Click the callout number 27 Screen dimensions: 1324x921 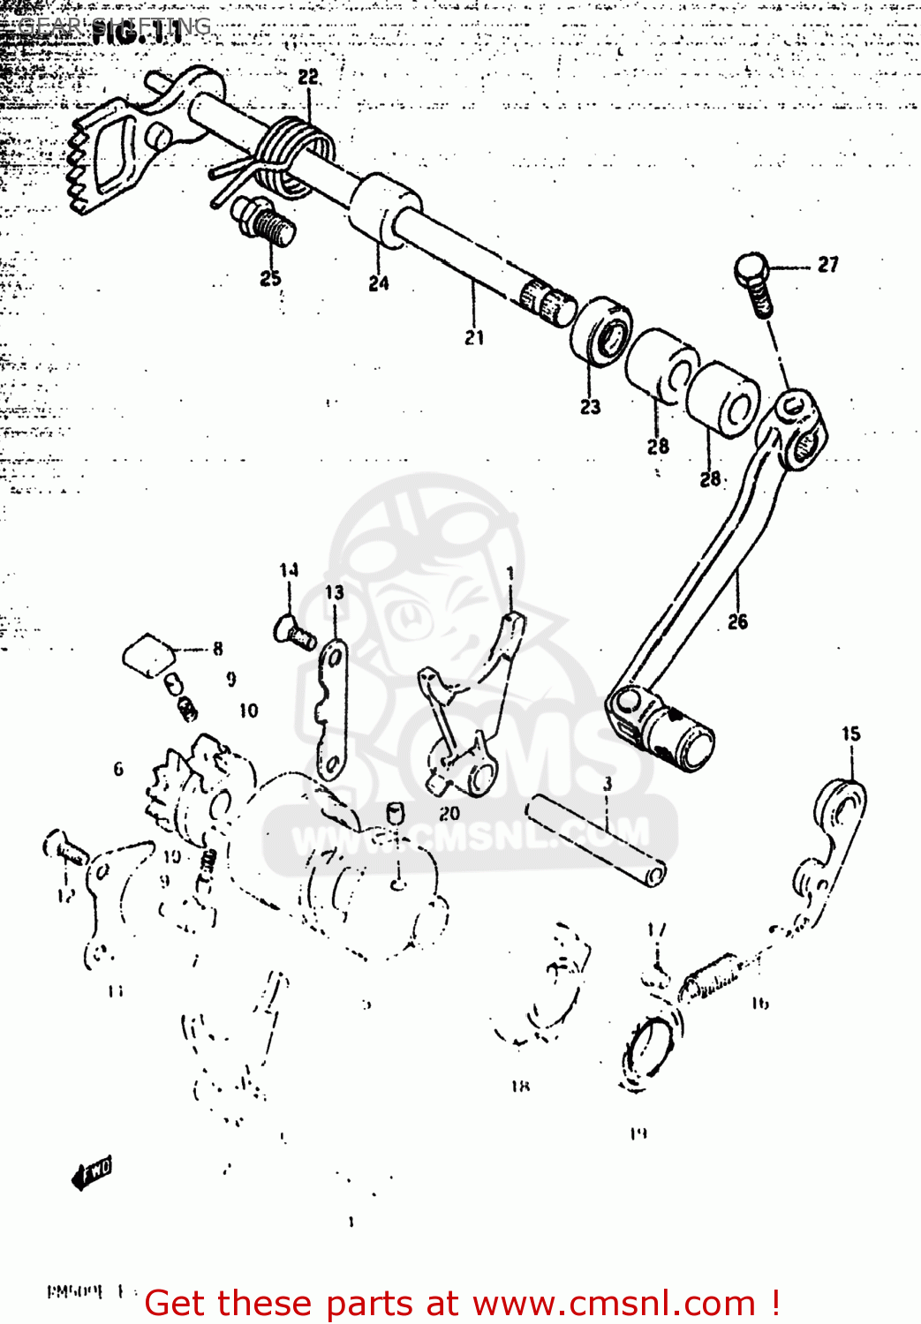827,264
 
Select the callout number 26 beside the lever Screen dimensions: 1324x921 737,621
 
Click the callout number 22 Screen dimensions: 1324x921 308,78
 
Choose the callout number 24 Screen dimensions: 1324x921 379,282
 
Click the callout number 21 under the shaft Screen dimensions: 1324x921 474,336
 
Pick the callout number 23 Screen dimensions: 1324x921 590,406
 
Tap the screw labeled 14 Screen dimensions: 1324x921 293,632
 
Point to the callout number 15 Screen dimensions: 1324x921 850,733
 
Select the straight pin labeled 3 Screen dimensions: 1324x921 596,839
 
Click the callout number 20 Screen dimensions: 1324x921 449,813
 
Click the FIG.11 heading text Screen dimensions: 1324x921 137,34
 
